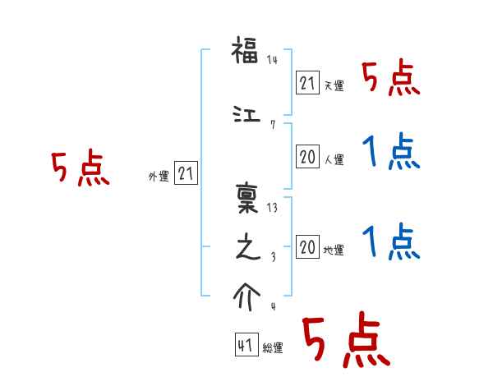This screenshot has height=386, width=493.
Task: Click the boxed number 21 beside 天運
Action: tap(307, 82)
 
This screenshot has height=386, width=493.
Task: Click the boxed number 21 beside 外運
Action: tap(186, 173)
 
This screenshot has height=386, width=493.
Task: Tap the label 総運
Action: tap(273, 348)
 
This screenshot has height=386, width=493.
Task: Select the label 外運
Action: tap(158, 176)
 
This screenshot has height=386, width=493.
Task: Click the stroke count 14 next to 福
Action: tap(272, 60)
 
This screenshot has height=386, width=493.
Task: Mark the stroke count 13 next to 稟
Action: tap(272, 207)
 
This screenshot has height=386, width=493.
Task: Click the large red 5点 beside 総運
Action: tap(344, 341)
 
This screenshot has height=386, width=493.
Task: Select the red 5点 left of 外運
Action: tap(80, 169)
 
